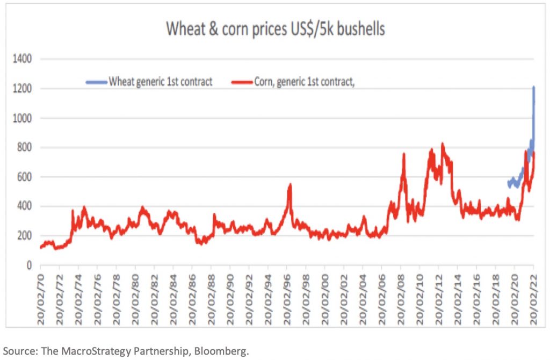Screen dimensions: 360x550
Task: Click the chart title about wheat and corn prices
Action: [275, 29]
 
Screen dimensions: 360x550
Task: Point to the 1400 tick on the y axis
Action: [23, 59]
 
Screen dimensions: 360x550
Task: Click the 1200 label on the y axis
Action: [23, 88]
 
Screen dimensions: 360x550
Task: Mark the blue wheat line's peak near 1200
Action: [534, 87]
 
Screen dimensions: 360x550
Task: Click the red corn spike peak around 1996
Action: [290, 185]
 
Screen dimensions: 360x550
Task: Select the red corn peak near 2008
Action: [403, 154]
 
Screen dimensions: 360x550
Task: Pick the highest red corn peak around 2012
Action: [442, 144]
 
